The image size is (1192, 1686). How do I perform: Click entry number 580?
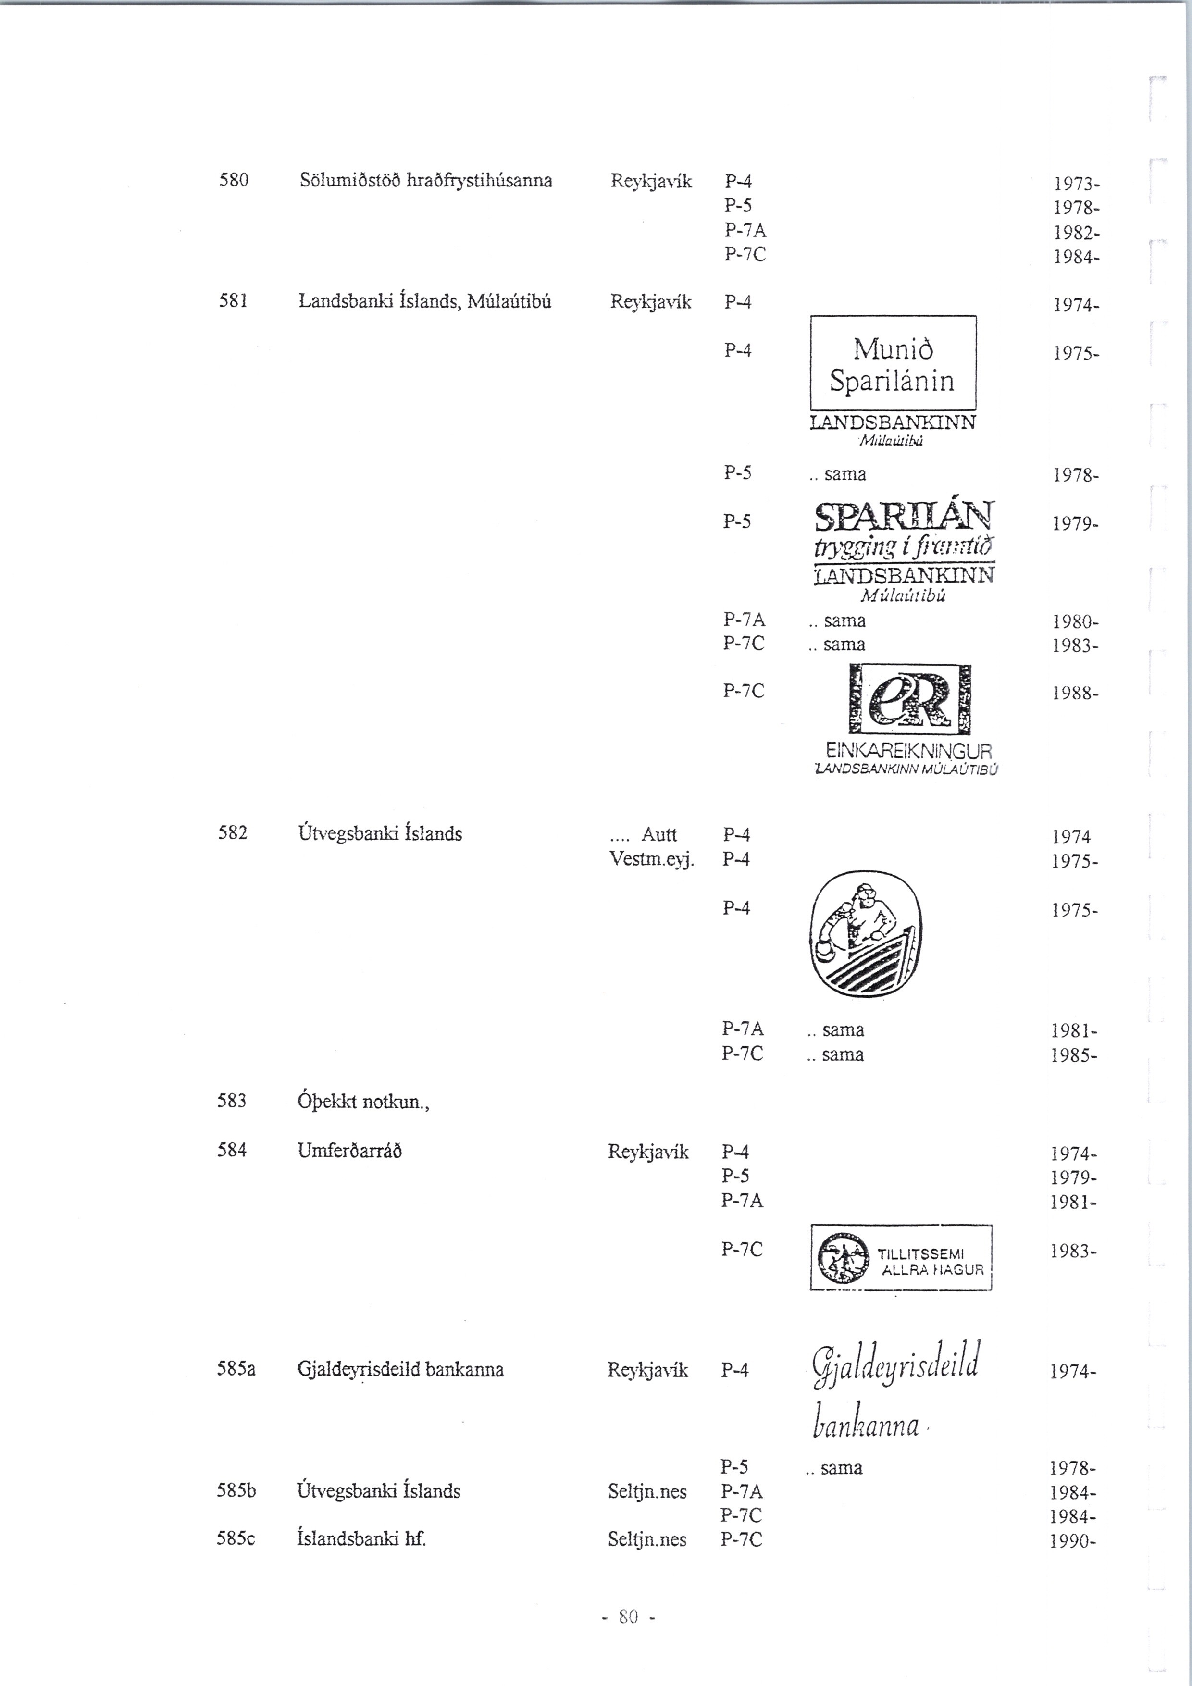(x=234, y=180)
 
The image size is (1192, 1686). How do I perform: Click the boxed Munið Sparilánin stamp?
(x=893, y=363)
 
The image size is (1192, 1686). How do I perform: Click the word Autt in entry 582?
(x=659, y=834)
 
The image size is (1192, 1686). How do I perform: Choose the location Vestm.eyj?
(x=651, y=858)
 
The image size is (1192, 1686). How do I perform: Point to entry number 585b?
(x=236, y=1491)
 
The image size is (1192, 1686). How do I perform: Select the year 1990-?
(x=1073, y=1540)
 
